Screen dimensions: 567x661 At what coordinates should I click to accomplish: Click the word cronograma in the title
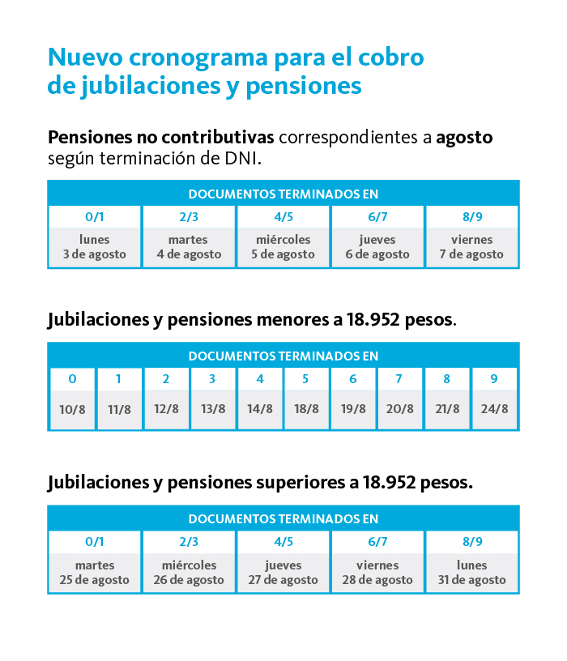pos(198,58)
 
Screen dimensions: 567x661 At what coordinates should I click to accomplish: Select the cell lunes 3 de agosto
pos(95,247)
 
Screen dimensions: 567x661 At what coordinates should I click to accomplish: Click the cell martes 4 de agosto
pos(189,247)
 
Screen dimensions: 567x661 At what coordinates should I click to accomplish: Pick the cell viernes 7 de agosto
pos(471,247)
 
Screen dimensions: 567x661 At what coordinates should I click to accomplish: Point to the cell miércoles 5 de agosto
pos(283,247)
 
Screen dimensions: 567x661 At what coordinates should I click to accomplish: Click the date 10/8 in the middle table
pos(72,409)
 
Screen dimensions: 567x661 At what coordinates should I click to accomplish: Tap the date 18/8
pos(306,409)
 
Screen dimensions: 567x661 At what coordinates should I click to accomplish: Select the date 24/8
pos(494,409)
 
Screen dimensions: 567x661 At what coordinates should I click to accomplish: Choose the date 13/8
pos(213,409)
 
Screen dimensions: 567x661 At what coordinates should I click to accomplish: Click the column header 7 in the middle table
pos(399,379)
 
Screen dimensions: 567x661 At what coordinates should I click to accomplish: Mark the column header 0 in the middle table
pos(73,379)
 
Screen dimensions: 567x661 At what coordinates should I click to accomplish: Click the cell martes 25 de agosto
pos(95,573)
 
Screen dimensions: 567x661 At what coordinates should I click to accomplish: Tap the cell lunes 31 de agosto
pos(471,573)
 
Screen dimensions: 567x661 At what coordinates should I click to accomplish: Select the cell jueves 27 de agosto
pos(283,573)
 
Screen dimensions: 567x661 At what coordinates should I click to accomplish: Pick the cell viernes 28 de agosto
pos(377,573)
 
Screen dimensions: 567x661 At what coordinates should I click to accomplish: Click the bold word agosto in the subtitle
pos(464,139)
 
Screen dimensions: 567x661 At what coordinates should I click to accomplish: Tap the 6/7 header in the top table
pos(377,216)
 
